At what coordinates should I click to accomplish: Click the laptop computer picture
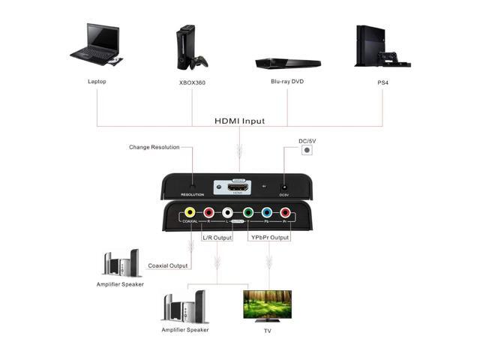click(x=95, y=46)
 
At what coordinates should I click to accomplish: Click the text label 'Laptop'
click(x=97, y=81)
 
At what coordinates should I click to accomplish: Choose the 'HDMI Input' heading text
click(x=239, y=121)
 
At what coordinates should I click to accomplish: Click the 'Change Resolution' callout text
click(x=154, y=147)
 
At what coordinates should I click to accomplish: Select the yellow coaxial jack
click(x=190, y=213)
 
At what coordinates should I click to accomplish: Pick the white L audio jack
click(x=227, y=213)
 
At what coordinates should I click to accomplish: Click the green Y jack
click(x=247, y=213)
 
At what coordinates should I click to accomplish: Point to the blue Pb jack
click(x=266, y=213)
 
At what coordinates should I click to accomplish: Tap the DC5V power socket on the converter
click(x=284, y=187)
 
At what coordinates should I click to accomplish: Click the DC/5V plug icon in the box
click(x=306, y=150)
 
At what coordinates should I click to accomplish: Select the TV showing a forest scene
click(x=267, y=304)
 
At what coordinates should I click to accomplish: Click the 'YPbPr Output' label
click(x=268, y=238)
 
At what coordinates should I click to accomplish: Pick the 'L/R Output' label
click(x=217, y=238)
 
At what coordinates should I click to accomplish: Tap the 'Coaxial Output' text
click(x=168, y=265)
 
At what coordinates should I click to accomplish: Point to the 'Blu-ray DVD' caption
click(x=288, y=81)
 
